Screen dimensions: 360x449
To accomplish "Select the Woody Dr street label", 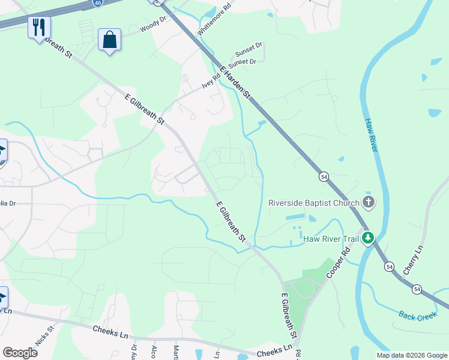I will coord(151,28).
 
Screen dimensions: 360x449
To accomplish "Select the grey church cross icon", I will coord(368,203).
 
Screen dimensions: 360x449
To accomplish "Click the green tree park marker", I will coord(368,239).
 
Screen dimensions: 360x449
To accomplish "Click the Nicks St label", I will coord(44,336).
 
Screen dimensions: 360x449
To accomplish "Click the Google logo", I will coord(20,353).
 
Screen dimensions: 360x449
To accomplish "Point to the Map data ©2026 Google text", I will coord(412,355).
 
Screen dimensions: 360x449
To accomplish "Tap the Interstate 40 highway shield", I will coord(97,2).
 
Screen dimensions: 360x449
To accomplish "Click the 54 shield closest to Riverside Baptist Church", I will coord(324,177).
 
